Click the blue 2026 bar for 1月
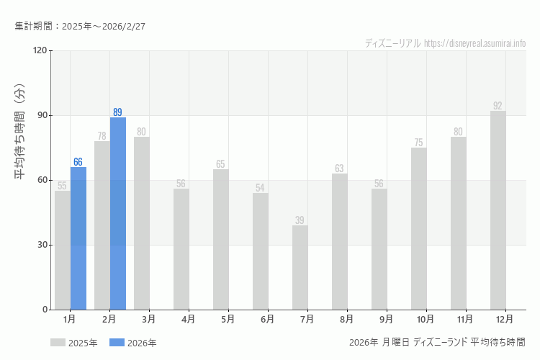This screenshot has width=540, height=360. [78, 238]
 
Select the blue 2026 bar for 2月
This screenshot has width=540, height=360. [118, 214]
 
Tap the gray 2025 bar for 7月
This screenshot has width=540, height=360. [300, 268]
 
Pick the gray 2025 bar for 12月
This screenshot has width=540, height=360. [498, 210]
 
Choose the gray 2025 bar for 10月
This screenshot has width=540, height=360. [419, 229]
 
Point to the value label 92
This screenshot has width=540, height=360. [498, 106]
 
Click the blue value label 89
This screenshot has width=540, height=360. [118, 112]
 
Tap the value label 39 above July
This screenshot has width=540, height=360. [300, 220]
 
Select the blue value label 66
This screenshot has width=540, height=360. [78, 162]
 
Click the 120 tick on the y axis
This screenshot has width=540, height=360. [40, 50]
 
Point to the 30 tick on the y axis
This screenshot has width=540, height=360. [42, 245]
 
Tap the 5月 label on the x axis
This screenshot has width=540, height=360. [228, 319]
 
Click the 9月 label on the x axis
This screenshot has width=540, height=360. [386, 319]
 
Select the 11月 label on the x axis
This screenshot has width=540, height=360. [465, 319]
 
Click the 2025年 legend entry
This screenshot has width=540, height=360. [74, 343]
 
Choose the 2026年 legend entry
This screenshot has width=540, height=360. [133, 343]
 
